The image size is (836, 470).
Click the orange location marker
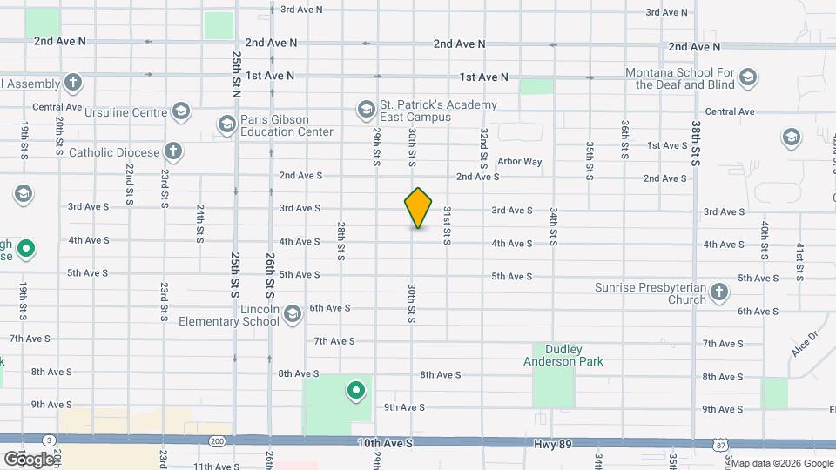pos(418,208)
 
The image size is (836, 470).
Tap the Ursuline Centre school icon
pos(180,111)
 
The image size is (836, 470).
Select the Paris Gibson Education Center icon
pos(226,124)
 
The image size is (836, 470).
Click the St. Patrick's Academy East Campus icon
pos(366,110)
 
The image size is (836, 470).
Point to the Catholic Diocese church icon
pos(173,151)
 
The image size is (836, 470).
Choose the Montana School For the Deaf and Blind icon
pos(747,79)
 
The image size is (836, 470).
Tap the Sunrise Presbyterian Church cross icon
pos(719,292)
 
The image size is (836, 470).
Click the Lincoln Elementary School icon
pos(293,313)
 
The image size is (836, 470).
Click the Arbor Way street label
pos(519,162)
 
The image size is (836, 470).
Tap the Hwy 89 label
pos(553,445)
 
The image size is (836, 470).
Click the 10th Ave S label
pos(384,444)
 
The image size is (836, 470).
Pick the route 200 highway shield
pos(217,442)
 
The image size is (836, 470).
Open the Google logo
pos(29,459)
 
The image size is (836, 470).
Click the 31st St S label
pos(447,225)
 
